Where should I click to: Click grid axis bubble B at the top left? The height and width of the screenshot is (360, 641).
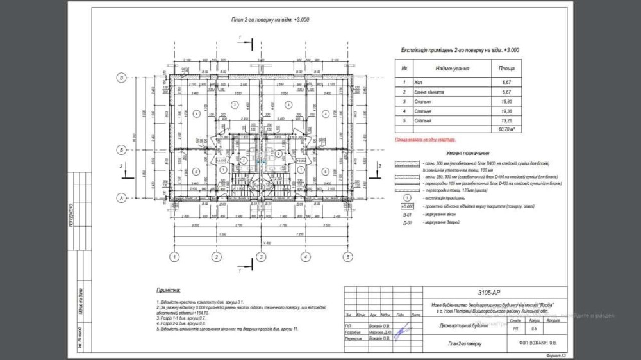tap(121, 78)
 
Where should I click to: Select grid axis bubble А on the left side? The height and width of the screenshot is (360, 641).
tap(121, 198)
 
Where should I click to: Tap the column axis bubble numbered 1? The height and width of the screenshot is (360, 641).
tap(173, 258)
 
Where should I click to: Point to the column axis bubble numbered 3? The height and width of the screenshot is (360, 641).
tap(260, 258)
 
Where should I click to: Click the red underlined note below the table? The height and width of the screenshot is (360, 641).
tap(428, 138)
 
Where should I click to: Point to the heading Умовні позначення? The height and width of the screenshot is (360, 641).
tap(469, 154)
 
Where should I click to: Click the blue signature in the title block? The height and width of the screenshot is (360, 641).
tap(403, 333)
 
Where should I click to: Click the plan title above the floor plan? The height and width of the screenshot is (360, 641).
tap(271, 20)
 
